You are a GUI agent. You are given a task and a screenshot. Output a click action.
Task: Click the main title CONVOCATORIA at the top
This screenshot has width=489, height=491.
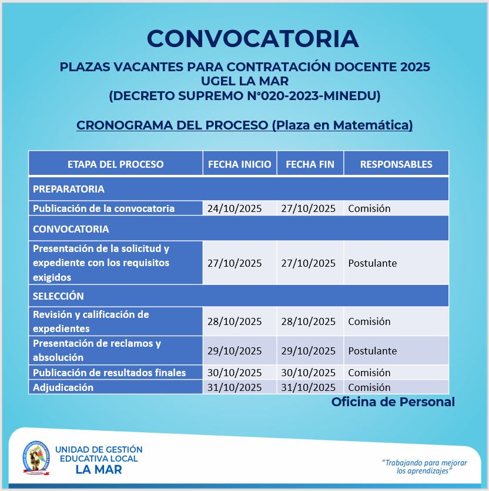pyautogui.click(x=253, y=39)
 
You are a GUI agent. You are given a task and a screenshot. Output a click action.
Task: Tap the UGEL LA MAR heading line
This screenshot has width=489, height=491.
pyautogui.click(x=244, y=81)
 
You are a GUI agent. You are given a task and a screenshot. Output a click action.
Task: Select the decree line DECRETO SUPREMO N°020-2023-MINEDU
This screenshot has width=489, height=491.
pyautogui.click(x=244, y=95)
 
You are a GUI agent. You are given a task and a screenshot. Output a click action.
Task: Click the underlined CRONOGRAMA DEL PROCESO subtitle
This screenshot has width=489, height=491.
pyautogui.click(x=244, y=125)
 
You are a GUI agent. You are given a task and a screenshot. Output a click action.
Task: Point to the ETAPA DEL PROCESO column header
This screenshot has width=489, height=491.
pyautogui.click(x=116, y=164)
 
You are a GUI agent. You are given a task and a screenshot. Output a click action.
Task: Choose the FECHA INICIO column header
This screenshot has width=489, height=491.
pyautogui.click(x=240, y=164)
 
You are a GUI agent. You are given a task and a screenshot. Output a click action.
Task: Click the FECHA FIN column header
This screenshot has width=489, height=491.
pyautogui.click(x=310, y=164)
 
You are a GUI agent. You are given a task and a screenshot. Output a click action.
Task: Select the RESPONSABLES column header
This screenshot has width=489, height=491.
pyautogui.click(x=396, y=164)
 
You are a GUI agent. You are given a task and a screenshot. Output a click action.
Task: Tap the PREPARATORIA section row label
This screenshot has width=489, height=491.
pyautogui.click(x=69, y=189)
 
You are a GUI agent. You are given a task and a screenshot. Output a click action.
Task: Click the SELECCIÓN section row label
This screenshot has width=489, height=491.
pyautogui.click(x=58, y=296)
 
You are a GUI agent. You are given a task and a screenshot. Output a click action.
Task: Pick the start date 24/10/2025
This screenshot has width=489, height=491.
pyautogui.click(x=235, y=208)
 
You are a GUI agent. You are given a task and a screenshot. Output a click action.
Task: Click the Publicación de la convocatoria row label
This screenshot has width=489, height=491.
pyautogui.click(x=103, y=208)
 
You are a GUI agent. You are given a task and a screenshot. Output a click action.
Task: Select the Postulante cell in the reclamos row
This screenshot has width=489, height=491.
pyautogui.click(x=373, y=351)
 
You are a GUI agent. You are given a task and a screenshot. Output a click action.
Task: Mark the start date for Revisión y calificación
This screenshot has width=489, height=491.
pyautogui.click(x=235, y=321)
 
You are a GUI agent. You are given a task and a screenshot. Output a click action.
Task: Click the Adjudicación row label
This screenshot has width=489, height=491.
pyautogui.click(x=63, y=387)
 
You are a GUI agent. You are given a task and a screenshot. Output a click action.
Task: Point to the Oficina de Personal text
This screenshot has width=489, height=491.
pyautogui.click(x=393, y=402)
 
